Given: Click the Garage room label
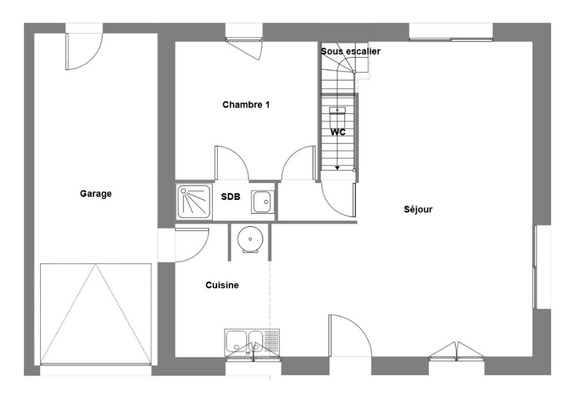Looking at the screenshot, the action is click(x=95, y=193).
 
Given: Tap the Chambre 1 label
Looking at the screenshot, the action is click(x=246, y=105).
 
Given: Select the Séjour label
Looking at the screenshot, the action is click(x=418, y=209).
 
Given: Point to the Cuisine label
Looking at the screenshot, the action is click(x=222, y=285).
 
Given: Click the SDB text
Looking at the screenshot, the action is click(x=231, y=197).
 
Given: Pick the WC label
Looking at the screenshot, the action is click(x=338, y=132).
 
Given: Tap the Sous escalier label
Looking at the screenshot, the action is click(x=351, y=51).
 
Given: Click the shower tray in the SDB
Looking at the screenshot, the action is click(x=194, y=202).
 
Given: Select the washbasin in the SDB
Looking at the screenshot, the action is click(x=263, y=202).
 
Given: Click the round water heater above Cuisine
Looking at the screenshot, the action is click(x=250, y=239).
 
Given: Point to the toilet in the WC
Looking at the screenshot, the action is click(x=338, y=117).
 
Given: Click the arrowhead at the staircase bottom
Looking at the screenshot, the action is click(x=337, y=168).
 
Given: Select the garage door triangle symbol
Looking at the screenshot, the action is click(x=95, y=314).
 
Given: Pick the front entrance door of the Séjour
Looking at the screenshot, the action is click(x=350, y=336).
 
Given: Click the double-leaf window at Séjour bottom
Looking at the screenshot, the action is click(x=457, y=351).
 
